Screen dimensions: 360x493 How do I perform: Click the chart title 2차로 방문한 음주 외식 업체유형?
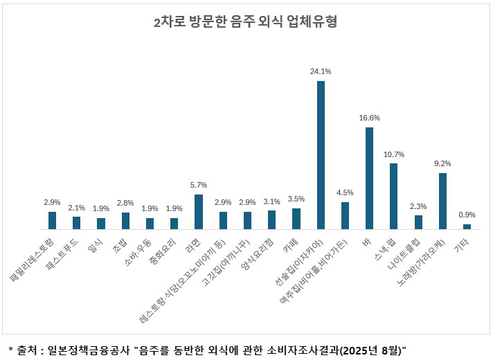(246, 21)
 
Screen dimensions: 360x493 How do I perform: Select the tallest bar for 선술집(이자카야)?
(321, 154)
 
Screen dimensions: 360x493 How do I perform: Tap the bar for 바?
(369, 178)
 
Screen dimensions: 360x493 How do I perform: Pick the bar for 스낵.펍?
(393, 196)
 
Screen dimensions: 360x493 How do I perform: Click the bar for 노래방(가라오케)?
(442, 201)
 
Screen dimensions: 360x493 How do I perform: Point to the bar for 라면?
(199, 211)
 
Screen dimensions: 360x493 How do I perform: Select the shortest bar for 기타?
(467, 226)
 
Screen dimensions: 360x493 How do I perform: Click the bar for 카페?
(296, 218)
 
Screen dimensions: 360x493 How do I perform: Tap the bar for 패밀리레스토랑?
(52, 220)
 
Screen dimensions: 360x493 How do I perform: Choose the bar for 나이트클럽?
(418, 222)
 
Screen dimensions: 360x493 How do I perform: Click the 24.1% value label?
(321, 71)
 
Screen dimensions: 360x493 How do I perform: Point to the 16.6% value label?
(369, 118)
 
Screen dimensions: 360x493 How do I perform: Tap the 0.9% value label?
(467, 215)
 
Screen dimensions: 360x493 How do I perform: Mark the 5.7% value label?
(199, 185)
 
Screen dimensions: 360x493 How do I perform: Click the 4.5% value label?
(345, 192)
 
